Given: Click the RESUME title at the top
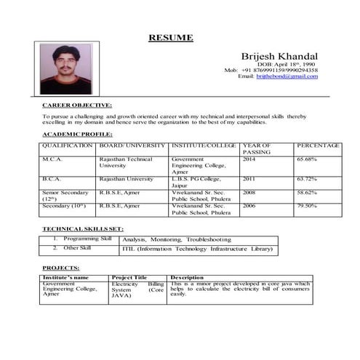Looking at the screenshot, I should pos(171,37).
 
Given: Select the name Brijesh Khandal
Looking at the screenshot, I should pos(279,56).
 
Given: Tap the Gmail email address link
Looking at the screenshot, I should pos(287,76).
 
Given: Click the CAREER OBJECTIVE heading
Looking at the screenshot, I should pos(77,105).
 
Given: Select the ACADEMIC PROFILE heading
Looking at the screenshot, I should pos(77,134).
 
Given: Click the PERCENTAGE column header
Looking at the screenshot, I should pos(319,145).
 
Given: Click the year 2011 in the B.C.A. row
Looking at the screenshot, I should pos(249,178).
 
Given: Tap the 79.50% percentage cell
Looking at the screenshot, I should pos(306,206).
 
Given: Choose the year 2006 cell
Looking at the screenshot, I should pos(249,206).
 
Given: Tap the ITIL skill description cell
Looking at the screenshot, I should pos(197,249).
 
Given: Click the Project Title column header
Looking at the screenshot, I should pos(129,277).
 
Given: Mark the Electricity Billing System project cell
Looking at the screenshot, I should pos(138,289).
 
